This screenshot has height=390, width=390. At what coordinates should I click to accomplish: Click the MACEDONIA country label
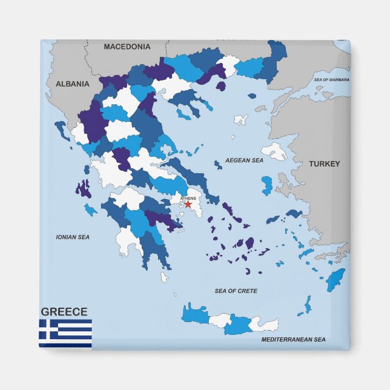click(x=127, y=47)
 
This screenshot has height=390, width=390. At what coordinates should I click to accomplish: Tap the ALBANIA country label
click(x=73, y=84)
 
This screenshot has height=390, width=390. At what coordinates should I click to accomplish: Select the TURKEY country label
click(x=324, y=164)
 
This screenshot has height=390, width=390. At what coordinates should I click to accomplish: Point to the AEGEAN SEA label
click(x=244, y=160)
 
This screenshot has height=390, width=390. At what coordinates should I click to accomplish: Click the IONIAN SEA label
click(x=73, y=237)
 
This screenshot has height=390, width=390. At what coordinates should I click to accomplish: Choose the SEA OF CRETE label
click(x=236, y=291)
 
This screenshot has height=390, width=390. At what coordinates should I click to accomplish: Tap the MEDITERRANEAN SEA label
click(x=293, y=340)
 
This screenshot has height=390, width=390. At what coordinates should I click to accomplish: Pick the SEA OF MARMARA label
click(x=332, y=80)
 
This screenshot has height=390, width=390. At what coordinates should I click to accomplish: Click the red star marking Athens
click(x=188, y=205)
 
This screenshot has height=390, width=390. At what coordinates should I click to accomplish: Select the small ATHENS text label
click(x=188, y=198)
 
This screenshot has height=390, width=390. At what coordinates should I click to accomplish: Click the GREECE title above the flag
click(x=64, y=312)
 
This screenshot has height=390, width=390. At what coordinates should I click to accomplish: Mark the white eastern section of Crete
click(x=264, y=325)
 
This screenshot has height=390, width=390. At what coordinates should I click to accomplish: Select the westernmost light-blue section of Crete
click(x=194, y=314)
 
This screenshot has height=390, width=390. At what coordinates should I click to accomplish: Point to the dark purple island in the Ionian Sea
click(x=83, y=189)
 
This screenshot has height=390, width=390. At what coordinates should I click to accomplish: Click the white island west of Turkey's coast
click(x=274, y=151)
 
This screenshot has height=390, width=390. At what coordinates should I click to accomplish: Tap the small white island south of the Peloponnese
click(x=164, y=277)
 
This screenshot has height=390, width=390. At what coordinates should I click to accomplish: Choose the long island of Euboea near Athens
click(x=190, y=176)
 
